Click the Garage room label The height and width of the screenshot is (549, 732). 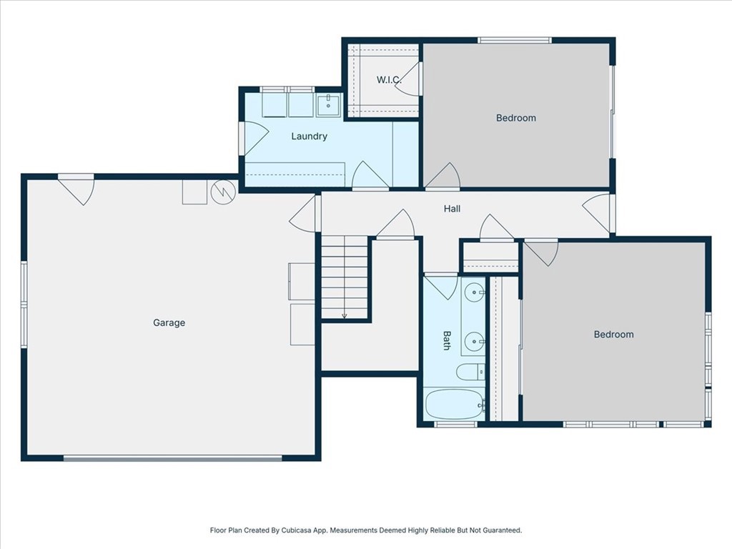[x=169, y=323]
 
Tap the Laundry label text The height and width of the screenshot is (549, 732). [x=309, y=137]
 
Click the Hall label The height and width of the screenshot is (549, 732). [x=452, y=209]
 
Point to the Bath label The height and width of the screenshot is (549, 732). [x=447, y=340]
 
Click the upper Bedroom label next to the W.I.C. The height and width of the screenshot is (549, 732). [x=515, y=118]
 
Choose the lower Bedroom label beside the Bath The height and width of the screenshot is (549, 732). [x=613, y=335]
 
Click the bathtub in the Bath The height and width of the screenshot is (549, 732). [x=454, y=405]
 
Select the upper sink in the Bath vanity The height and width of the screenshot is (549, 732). [x=474, y=292]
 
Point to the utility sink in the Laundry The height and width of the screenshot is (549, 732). [x=329, y=104]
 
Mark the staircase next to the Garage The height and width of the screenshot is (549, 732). [x=345, y=279]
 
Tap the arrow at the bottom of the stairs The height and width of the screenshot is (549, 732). [x=345, y=315]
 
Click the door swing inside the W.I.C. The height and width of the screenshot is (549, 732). [x=407, y=79]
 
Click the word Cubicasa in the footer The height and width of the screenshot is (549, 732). [x=292, y=530]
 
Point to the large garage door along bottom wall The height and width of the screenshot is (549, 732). [x=172, y=458]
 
